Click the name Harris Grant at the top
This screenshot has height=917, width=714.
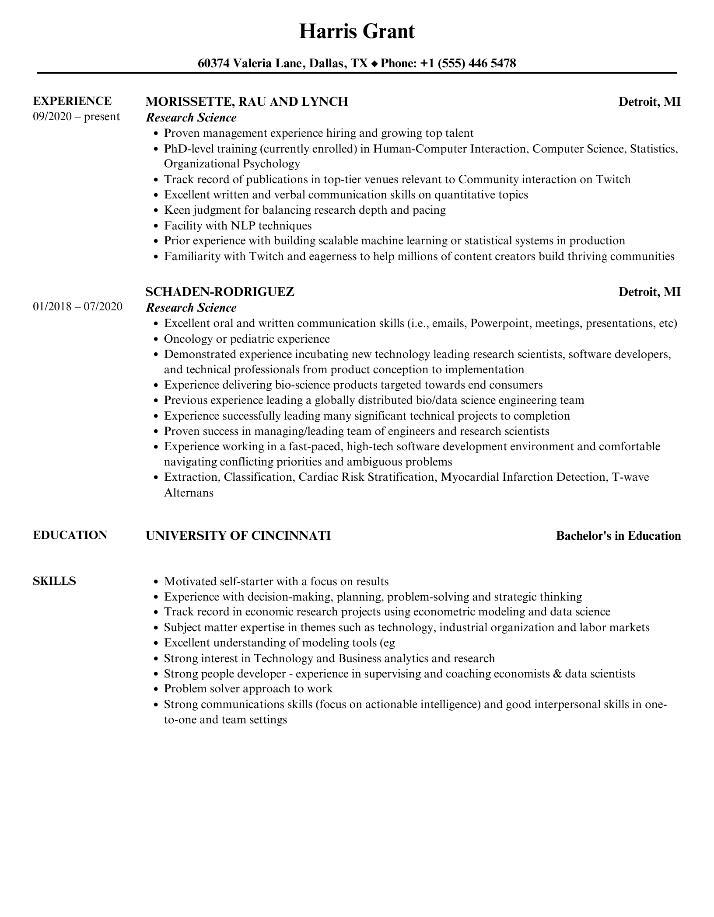(x=357, y=32)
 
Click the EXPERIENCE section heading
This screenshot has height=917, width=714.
(x=72, y=101)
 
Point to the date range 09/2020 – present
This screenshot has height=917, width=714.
(x=76, y=117)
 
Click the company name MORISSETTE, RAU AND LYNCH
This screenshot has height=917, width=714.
(x=247, y=102)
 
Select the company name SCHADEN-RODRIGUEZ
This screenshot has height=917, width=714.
(x=220, y=292)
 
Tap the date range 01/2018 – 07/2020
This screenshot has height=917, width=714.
(x=77, y=307)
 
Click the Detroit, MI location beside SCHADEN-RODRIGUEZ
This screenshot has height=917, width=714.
(x=649, y=292)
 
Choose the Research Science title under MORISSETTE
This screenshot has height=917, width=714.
(x=191, y=118)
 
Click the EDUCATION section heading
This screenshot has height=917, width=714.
(x=70, y=535)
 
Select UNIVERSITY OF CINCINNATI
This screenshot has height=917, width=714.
(x=238, y=536)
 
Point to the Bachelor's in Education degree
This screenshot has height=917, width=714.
(x=618, y=536)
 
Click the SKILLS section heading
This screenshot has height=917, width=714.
(x=54, y=581)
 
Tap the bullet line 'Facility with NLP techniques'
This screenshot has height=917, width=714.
(x=238, y=226)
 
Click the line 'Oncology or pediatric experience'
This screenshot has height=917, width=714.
(x=247, y=339)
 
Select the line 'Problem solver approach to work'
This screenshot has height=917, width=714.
(x=248, y=689)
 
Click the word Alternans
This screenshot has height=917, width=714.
(x=189, y=493)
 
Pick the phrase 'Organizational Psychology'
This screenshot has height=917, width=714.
(x=232, y=164)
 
